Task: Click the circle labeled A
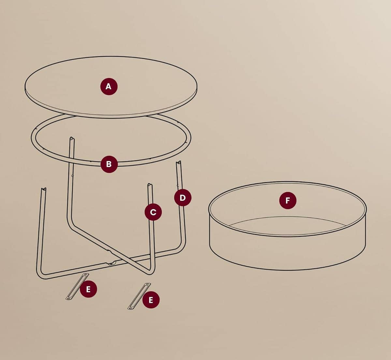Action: pos(109,86)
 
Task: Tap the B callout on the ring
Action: pos(109,164)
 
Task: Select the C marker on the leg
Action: pos(153,212)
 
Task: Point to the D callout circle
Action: pos(183,198)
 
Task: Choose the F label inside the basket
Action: pos(288,201)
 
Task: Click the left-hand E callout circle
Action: pos(88,289)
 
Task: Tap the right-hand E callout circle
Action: pos(151,300)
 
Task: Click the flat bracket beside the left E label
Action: pos(77,287)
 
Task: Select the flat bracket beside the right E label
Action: pos(139,296)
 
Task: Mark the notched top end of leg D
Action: pos(179,162)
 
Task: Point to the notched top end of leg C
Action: pos(150,185)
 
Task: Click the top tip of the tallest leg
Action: pos(72,138)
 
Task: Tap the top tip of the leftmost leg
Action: pos(44,189)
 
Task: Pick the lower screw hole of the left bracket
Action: pos(68,298)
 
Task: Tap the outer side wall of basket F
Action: pos(287,254)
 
